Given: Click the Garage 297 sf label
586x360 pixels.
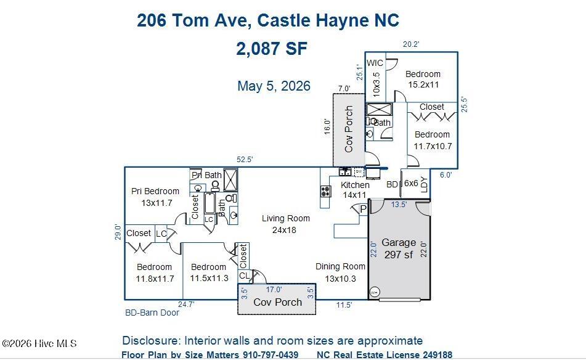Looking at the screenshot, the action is pyautogui.click(x=399, y=248).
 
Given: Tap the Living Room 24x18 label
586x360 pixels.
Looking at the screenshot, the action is pyautogui.click(x=285, y=224).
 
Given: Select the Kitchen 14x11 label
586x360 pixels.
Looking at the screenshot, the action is pyautogui.click(x=355, y=190).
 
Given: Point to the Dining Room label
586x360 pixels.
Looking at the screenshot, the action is pyautogui.click(x=340, y=266).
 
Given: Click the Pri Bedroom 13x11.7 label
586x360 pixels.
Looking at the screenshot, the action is pyautogui.click(x=155, y=197).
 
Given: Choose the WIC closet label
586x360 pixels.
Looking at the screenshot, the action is pyautogui.click(x=375, y=63).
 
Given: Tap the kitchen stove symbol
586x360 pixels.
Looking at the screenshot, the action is pyautogui.click(x=325, y=191).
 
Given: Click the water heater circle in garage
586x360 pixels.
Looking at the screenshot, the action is pyautogui.click(x=374, y=292).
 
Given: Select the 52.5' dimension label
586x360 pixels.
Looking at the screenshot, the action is pyautogui.click(x=245, y=160).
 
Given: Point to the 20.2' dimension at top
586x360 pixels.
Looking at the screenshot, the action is pyautogui.click(x=411, y=44).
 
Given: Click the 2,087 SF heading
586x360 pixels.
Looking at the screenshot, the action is pyautogui.click(x=272, y=49).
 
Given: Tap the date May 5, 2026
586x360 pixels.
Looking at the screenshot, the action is pyautogui.click(x=274, y=86).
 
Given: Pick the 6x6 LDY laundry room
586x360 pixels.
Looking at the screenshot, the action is pyautogui.click(x=415, y=184).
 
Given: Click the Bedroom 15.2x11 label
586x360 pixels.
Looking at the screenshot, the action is pyautogui.click(x=423, y=80).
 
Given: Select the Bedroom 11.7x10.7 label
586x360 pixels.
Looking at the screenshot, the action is pyautogui.click(x=433, y=140).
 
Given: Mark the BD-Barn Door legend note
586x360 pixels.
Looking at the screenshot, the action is pyautogui.click(x=152, y=313).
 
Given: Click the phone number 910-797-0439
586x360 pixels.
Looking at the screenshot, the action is pyautogui.click(x=271, y=355).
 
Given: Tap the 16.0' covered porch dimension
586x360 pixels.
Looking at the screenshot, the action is pyautogui.click(x=327, y=127).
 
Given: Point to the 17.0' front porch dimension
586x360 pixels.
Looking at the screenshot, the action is pyautogui.click(x=274, y=290).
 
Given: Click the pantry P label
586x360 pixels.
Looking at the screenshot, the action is pyautogui.click(x=364, y=210).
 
